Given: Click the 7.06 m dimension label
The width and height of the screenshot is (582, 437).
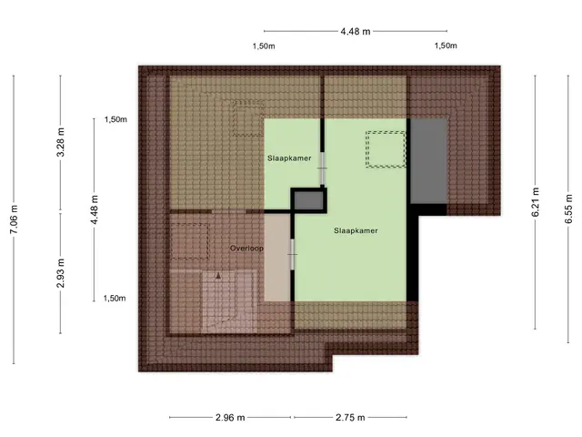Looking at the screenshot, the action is point(14,219).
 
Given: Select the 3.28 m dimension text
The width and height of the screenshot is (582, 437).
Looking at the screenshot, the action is point(61,142).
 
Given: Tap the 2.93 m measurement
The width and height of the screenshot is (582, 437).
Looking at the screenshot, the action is point(61,273).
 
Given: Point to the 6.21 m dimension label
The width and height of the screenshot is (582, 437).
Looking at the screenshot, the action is point(536,202).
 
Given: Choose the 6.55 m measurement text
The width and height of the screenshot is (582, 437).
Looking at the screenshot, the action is point(568,208).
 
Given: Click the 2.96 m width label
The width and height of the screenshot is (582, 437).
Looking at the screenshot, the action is point(230,418).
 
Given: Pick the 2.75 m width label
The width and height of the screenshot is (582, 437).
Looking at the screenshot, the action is point(350,418).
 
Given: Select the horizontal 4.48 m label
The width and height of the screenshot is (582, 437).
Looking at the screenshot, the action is point(356,32).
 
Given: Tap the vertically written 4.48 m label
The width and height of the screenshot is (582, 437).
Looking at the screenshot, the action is point(95,209).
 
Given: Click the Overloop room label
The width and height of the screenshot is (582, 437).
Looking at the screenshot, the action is point(246,249).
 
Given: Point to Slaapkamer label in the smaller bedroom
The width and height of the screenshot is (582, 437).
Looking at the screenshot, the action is point(289,158).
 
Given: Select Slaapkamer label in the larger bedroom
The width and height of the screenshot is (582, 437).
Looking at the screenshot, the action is point(356,230).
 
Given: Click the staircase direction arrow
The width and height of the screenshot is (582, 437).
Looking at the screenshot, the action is point(218,276).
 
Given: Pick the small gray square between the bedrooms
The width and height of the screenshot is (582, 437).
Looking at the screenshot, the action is point(308,200).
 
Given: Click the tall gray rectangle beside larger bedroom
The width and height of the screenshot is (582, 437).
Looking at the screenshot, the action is point(428,161).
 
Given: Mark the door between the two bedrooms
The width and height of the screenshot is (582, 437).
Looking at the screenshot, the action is point(322,168).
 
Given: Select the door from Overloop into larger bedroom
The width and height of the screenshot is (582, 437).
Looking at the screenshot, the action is point(293,255).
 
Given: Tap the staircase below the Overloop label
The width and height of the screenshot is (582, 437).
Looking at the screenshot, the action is point(229,301).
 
